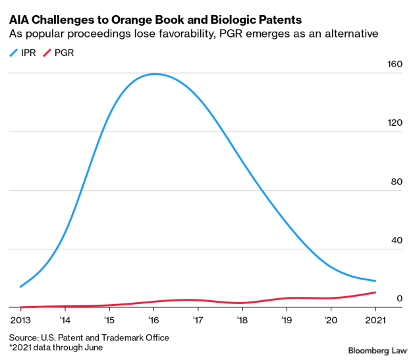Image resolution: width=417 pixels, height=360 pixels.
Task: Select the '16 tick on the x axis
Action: point(153,320)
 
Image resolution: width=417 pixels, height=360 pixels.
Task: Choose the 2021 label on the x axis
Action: point(375,320)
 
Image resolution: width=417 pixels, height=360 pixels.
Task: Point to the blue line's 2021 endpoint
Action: point(375,281)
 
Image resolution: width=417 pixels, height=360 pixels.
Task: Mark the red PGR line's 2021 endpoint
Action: point(375,292)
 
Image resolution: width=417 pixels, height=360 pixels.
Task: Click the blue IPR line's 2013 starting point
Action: point(20,287)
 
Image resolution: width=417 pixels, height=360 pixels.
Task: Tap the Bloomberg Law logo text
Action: point(378,351)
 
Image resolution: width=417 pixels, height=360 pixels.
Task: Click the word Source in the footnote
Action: point(24,338)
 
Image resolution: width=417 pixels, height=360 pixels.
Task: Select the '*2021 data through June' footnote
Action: point(56,347)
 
